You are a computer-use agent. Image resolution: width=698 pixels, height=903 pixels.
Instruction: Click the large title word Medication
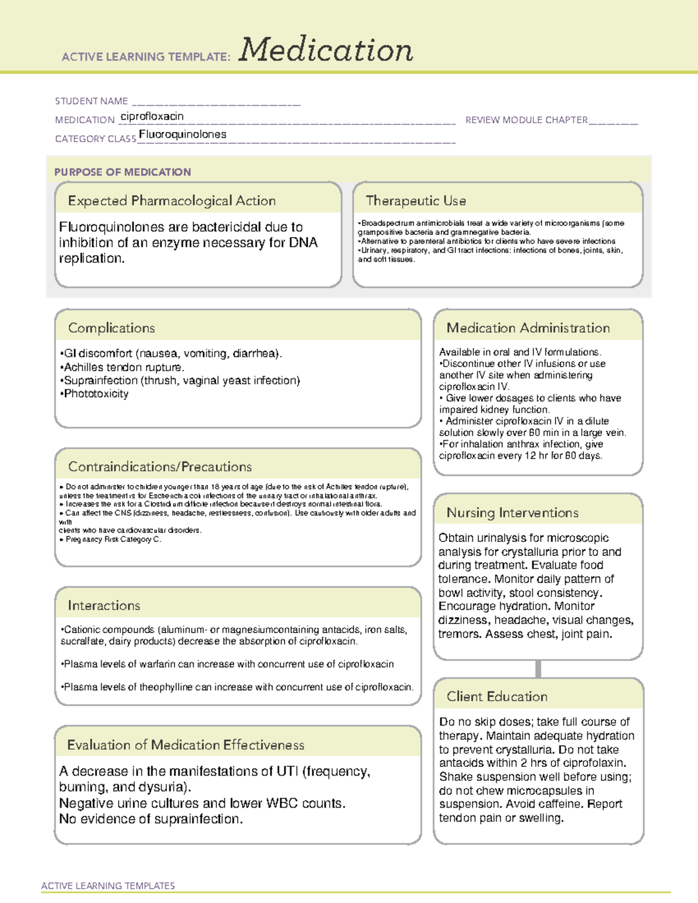(x=326, y=50)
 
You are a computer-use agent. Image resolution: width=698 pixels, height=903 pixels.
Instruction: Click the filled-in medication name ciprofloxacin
(x=152, y=116)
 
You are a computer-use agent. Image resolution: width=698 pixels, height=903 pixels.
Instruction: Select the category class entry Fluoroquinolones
(x=183, y=134)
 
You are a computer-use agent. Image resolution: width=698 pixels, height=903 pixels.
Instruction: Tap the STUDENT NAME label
(x=91, y=101)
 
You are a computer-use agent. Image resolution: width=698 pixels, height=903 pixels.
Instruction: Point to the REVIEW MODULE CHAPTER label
(x=526, y=120)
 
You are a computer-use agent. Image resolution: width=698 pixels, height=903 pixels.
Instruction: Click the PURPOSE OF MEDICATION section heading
(x=123, y=172)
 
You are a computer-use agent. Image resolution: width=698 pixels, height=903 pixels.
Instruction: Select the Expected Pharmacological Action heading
(x=172, y=201)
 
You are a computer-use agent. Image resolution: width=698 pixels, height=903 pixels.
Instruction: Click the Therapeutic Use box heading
(x=416, y=201)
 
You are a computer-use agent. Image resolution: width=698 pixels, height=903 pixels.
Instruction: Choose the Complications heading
(x=112, y=328)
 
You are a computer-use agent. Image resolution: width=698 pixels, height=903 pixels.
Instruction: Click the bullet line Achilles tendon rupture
(x=123, y=367)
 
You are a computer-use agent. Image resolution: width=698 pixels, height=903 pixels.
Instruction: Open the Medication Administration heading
(x=528, y=328)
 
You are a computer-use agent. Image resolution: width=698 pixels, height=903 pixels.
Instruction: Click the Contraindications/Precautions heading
(x=160, y=466)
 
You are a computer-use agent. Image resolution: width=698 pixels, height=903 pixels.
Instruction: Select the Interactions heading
(x=104, y=605)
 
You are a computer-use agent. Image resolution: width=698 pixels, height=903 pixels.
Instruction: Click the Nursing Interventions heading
(x=512, y=512)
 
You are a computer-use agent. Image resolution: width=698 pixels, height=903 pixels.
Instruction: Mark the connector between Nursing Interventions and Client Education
(x=538, y=669)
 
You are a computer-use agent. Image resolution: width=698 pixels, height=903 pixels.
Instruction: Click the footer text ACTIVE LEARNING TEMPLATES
(x=108, y=886)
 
